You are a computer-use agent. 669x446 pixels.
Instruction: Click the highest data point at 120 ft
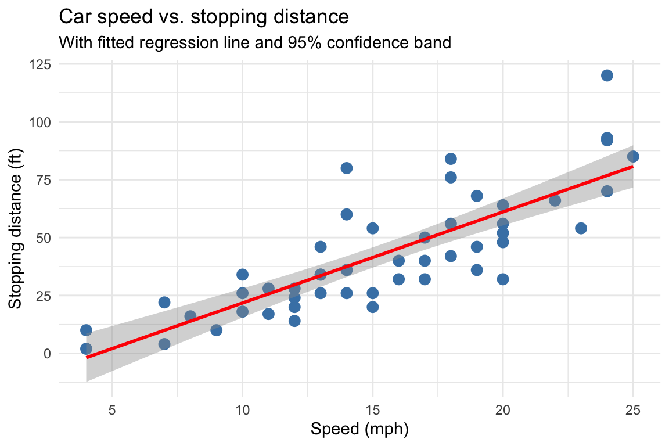pyautogui.click(x=607, y=75)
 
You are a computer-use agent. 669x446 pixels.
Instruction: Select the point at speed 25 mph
pyautogui.click(x=633, y=156)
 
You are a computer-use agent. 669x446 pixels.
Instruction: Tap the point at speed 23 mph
pyautogui.click(x=581, y=228)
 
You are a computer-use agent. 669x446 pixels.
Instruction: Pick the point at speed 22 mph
pyautogui.click(x=555, y=200)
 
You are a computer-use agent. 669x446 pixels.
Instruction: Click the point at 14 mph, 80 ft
pyautogui.click(x=347, y=168)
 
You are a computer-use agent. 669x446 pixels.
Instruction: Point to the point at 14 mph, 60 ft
pyautogui.click(x=347, y=214)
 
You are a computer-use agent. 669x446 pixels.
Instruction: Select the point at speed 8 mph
pyautogui.click(x=190, y=316)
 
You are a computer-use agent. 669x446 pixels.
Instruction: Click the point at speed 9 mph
pyautogui.click(x=217, y=330)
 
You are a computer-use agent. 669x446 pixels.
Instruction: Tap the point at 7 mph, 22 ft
pyautogui.click(x=164, y=302)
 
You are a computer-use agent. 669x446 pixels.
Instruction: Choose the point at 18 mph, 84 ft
pyautogui.click(x=451, y=159)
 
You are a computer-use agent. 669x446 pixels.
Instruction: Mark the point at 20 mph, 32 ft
pyautogui.click(x=503, y=279)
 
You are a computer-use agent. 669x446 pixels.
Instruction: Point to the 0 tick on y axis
pyautogui.click(x=46, y=353)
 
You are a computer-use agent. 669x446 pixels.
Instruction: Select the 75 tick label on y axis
pyautogui.click(x=43, y=180)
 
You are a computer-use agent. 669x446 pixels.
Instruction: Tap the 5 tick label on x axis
pyautogui.click(x=112, y=411)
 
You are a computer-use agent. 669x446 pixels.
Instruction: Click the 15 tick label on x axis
pyautogui.click(x=372, y=411)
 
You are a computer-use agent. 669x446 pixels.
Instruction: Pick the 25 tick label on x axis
pyautogui.click(x=633, y=411)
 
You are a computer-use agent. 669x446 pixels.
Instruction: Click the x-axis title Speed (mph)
pyautogui.click(x=359, y=430)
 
